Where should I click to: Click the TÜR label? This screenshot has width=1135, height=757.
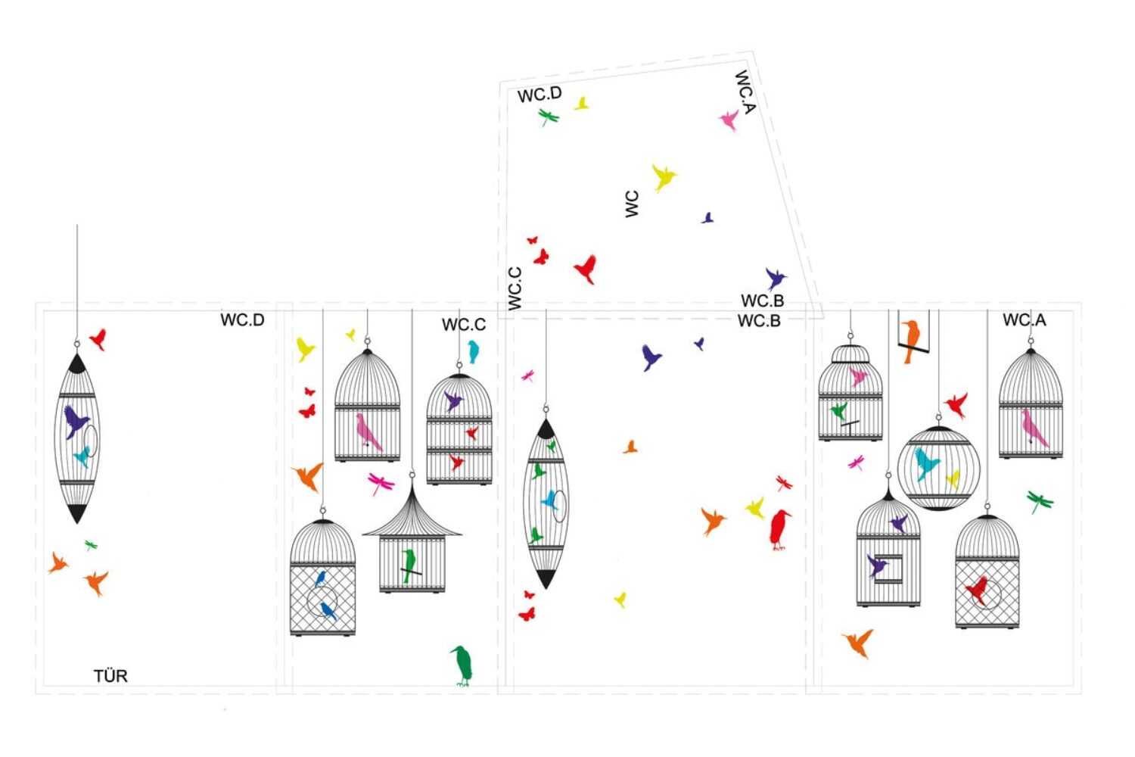click(x=110, y=676)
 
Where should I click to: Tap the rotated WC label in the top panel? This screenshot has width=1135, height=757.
click(x=633, y=204)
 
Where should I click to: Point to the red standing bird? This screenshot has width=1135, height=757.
click(x=779, y=528)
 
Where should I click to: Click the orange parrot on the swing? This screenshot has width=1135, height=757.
click(x=910, y=340)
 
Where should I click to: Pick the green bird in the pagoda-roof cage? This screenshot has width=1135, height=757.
click(x=409, y=565)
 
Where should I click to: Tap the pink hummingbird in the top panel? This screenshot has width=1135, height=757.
click(x=729, y=120)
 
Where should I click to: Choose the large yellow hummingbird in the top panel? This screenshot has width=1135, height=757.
click(x=664, y=177)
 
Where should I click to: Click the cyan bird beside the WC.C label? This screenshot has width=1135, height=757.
click(x=474, y=351)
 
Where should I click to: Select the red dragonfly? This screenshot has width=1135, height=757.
click(x=784, y=482)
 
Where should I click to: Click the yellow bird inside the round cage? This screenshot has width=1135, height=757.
click(x=953, y=478)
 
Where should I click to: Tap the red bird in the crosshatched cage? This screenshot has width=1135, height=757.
click(x=978, y=589)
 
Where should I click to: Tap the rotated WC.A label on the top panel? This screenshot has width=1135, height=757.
click(x=745, y=92)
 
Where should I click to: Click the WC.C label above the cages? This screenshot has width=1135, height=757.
click(x=464, y=325)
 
